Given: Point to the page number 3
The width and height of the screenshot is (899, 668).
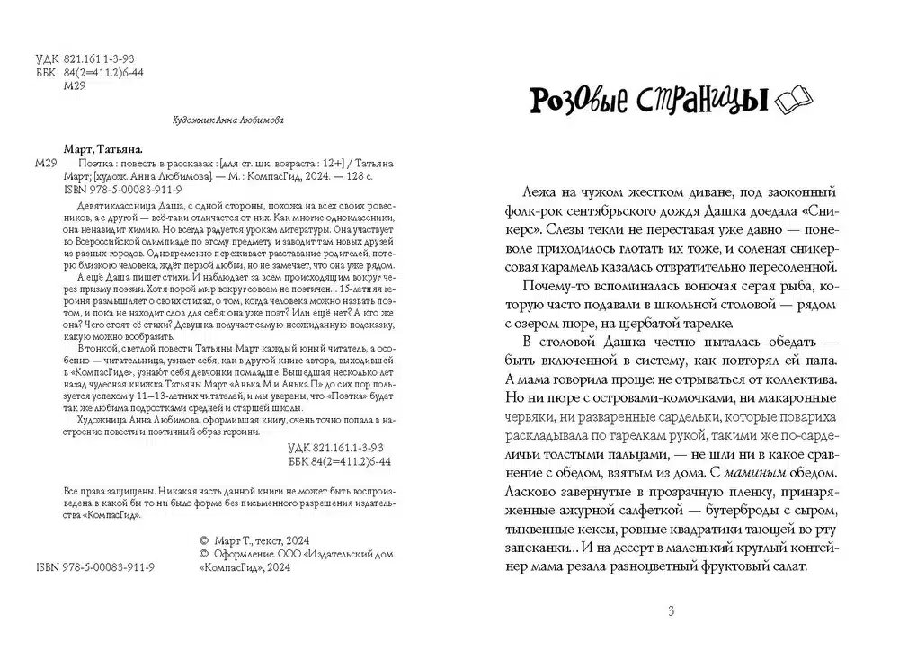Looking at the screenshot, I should (x=671, y=611).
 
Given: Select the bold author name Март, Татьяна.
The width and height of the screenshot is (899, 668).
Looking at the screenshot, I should (x=104, y=149).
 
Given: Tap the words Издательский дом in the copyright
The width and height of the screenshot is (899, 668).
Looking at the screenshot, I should (x=351, y=555).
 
